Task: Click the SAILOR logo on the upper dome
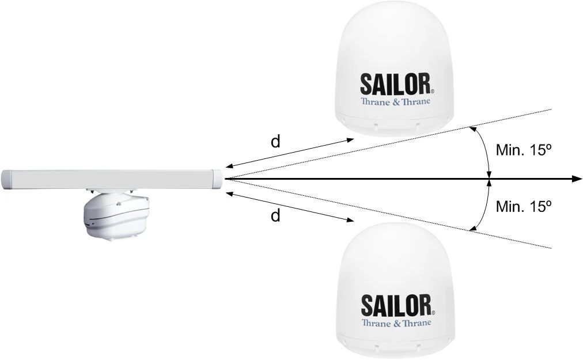(396, 84)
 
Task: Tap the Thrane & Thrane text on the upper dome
(395, 101)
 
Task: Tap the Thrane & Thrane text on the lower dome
(396, 323)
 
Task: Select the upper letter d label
(275, 142)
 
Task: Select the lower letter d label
(275, 215)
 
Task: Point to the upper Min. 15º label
(523, 150)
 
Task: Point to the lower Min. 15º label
(523, 206)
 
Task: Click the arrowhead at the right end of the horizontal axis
(577, 179)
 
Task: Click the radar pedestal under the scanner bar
(117, 215)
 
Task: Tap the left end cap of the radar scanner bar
(7, 180)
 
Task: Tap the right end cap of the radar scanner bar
(217, 180)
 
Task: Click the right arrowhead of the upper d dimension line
(350, 139)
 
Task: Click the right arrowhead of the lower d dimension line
(350, 220)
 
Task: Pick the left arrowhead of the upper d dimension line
(230, 166)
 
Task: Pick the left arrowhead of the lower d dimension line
(230, 193)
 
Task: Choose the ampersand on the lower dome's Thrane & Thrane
(397, 323)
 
